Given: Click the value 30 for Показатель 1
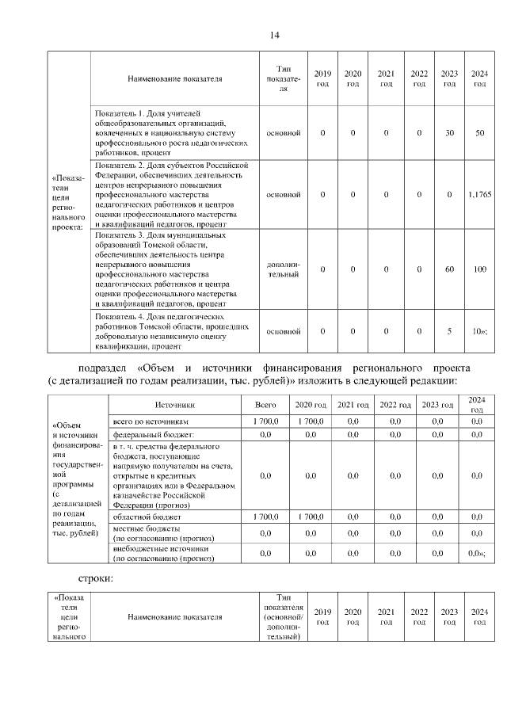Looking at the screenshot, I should (449, 132).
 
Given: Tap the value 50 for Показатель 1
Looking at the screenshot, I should (479, 132).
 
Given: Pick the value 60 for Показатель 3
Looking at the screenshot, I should (449, 269).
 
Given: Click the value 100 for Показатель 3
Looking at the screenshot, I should (479, 269).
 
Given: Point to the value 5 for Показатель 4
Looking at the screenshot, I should (449, 331).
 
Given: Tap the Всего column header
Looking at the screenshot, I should (265, 405).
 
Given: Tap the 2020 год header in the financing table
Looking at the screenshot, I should (310, 405).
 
